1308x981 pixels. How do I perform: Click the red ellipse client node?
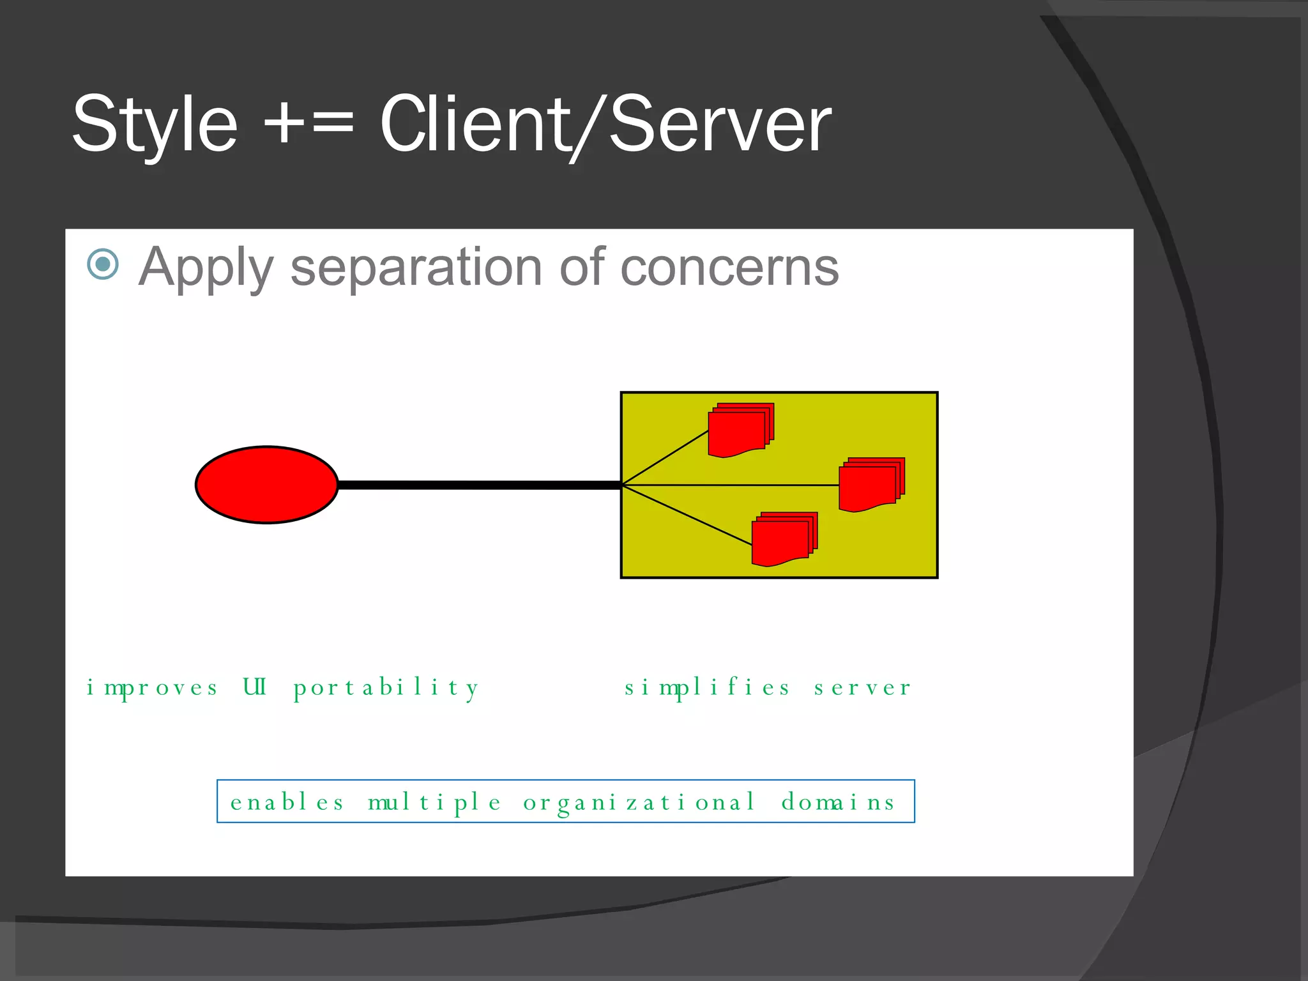point(266,485)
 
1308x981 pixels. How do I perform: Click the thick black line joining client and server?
point(479,485)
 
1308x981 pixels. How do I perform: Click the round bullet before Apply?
point(103,264)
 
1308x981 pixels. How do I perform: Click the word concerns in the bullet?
point(729,268)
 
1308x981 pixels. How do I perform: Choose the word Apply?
point(206,268)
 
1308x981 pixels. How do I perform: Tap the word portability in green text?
point(386,688)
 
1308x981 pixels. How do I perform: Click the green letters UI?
point(255,687)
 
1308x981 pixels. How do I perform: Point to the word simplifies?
point(707,688)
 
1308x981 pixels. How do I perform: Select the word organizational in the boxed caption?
point(639,802)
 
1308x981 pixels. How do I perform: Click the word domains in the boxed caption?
point(838,802)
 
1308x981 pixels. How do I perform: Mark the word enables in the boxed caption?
point(287,802)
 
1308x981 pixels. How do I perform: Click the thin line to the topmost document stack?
point(665,458)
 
